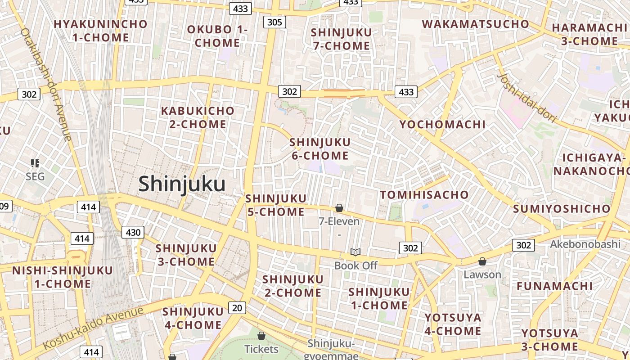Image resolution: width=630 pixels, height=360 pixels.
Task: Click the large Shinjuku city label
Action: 182,184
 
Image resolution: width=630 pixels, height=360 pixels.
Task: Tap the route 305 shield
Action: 274,22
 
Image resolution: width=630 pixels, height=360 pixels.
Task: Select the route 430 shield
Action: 133,232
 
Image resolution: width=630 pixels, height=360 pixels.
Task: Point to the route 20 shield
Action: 237,308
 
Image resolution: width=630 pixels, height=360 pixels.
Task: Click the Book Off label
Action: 355,265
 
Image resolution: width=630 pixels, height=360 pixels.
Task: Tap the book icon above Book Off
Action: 355,252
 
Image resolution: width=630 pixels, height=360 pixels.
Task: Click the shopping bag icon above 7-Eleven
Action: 339,208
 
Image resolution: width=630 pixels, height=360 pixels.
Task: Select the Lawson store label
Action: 482,274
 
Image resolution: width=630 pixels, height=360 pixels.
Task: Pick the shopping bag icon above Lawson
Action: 482,261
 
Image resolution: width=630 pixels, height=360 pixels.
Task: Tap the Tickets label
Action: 261,349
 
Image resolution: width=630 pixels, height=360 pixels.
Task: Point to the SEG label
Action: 35,176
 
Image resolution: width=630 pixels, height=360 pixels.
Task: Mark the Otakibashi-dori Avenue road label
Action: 46,84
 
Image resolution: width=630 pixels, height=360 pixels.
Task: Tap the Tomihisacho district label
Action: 424,195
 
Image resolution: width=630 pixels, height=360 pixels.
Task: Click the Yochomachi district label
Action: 442,125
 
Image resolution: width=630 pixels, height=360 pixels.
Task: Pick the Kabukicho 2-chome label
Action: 198,117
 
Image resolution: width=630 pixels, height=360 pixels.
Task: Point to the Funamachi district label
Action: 554,286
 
